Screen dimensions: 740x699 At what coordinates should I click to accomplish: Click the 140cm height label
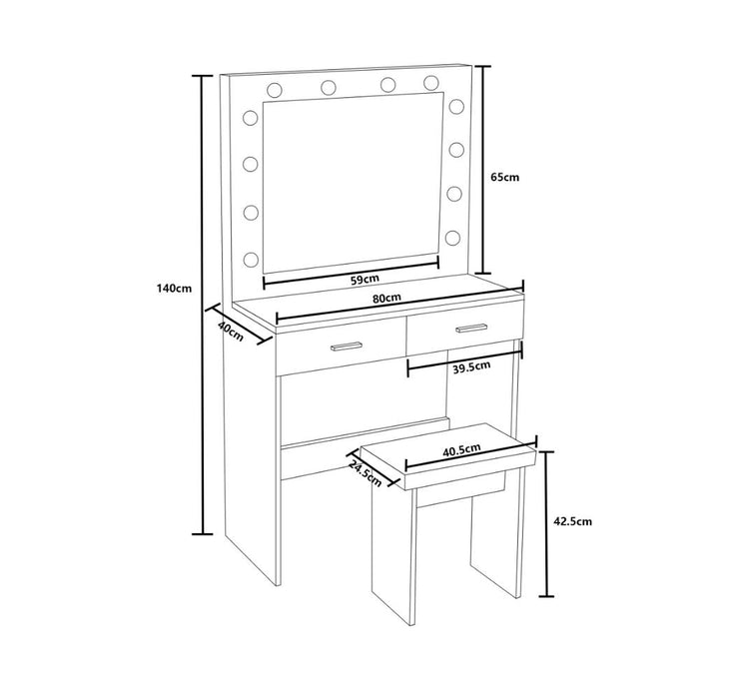click(174, 288)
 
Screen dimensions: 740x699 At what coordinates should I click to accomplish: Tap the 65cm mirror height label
click(504, 177)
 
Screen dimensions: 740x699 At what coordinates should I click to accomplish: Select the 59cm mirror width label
click(365, 279)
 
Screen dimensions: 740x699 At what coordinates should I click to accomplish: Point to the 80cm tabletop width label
click(386, 298)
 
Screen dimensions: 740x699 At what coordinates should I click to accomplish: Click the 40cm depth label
click(231, 332)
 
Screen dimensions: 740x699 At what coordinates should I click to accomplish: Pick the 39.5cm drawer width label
click(471, 366)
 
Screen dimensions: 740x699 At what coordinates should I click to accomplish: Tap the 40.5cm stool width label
click(461, 449)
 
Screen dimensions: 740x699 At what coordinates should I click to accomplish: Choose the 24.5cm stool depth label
click(365, 473)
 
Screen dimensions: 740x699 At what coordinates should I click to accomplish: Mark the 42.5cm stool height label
click(572, 521)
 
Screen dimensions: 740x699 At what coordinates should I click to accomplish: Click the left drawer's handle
click(347, 346)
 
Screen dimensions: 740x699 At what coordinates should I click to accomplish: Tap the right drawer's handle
click(471, 328)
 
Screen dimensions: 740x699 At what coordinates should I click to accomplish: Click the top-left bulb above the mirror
click(275, 90)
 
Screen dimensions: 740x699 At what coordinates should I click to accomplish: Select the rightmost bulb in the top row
click(430, 83)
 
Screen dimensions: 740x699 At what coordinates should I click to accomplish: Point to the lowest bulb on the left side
click(251, 259)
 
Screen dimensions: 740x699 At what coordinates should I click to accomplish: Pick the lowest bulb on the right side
click(452, 238)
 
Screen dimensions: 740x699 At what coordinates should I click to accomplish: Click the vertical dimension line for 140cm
click(203, 305)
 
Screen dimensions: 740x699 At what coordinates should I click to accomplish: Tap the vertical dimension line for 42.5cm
click(546, 524)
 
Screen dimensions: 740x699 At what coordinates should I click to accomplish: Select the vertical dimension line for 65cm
click(482, 170)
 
